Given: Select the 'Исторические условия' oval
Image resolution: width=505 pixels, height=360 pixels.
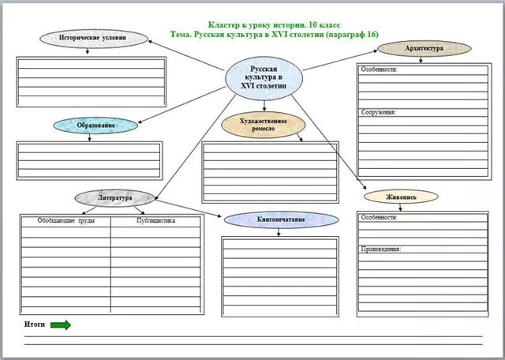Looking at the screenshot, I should click(94, 38).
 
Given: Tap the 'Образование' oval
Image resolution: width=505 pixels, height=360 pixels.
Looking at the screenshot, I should click(95, 126).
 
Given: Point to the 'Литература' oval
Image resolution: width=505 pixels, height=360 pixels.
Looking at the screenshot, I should click(115, 197).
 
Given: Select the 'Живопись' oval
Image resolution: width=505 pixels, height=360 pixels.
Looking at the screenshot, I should click(401, 197).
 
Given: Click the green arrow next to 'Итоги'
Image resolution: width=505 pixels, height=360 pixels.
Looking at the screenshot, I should click(61, 324).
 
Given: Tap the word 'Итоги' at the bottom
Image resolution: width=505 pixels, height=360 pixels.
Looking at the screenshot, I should click(35, 324).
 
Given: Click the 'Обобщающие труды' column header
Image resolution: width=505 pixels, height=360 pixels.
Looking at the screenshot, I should click(66, 221).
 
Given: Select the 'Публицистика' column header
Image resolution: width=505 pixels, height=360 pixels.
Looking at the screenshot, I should click(155, 221).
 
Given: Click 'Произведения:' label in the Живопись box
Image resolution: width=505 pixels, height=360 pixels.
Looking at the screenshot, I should click(381, 249).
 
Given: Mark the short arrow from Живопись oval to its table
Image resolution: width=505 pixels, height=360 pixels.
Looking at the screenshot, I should click(401, 207).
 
